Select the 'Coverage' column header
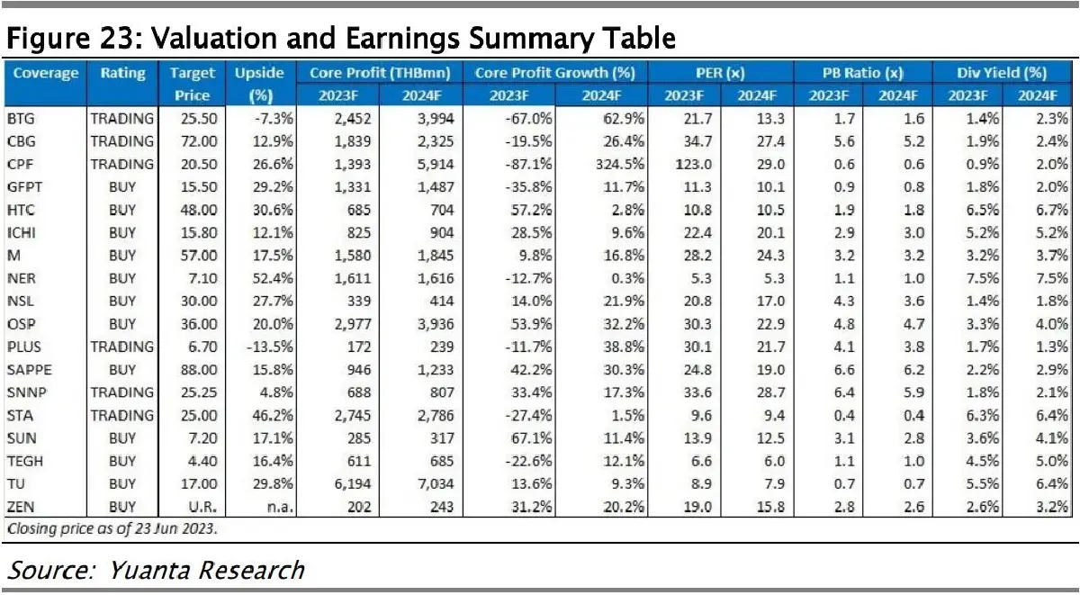point(46,73)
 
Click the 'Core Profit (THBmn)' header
point(379,73)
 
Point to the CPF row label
point(21,164)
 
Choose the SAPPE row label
point(28,369)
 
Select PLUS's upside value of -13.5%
point(262,347)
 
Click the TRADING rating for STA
point(121,415)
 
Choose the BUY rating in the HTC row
point(121,210)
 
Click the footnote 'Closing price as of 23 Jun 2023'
point(112,528)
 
